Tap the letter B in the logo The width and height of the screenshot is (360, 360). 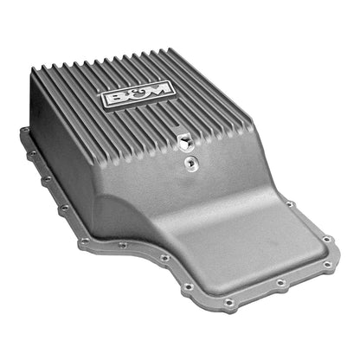point(114,94)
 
